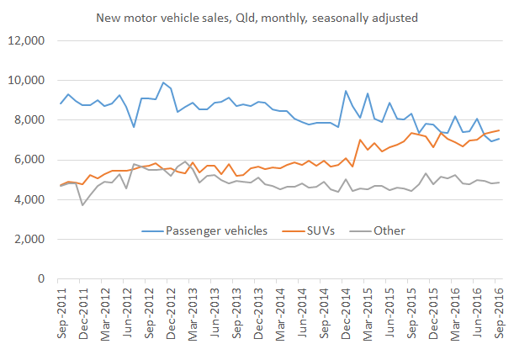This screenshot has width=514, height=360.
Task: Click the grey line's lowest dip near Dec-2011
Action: tap(82, 204)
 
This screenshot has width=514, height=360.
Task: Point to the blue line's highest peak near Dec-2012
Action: tap(163, 82)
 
